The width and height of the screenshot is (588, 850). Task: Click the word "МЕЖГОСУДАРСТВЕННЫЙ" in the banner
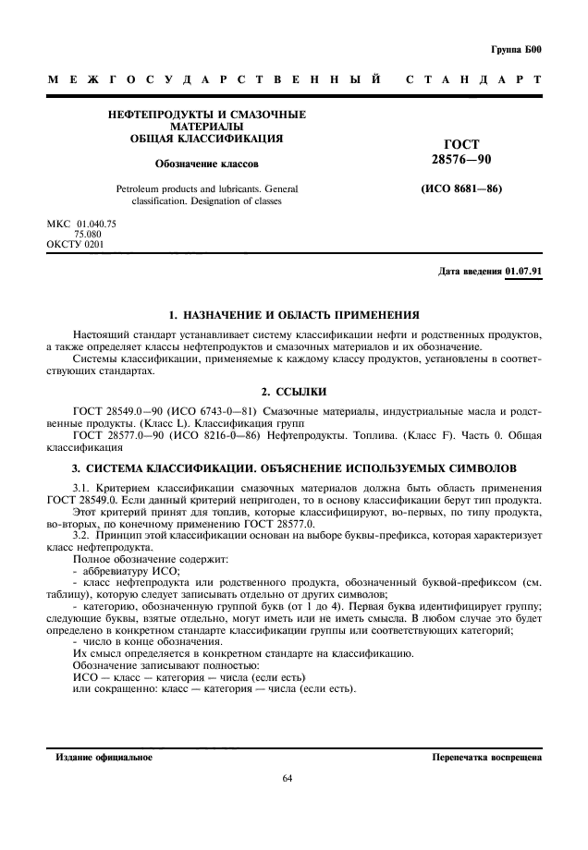click(x=214, y=82)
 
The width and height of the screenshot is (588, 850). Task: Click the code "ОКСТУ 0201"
click(x=75, y=245)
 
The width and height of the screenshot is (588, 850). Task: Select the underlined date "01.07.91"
click(x=523, y=272)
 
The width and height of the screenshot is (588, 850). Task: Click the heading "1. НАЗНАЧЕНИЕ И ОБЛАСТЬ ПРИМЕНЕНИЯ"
click(x=294, y=315)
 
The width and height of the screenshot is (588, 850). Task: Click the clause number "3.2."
click(x=83, y=535)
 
